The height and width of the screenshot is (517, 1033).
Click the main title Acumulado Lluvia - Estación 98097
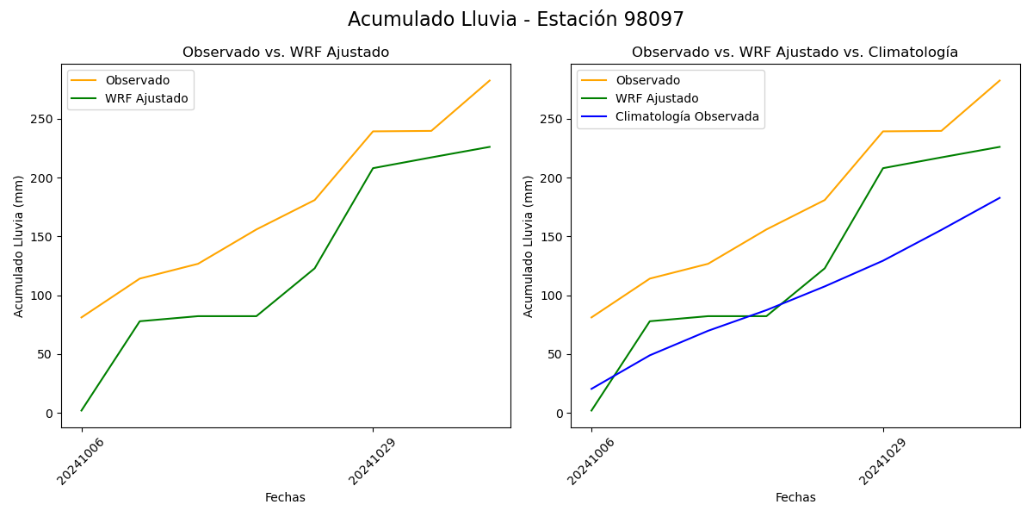point(516,20)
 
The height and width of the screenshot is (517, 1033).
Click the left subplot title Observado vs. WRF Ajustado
point(286,53)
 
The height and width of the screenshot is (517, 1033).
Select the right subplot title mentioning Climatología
point(795,53)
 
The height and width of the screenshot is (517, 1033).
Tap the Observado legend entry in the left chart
point(138,81)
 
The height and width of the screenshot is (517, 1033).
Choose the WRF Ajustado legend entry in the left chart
point(146,98)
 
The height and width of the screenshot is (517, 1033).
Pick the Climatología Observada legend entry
point(687,117)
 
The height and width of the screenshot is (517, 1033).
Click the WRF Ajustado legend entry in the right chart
point(657,98)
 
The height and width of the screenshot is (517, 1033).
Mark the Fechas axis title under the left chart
point(285,497)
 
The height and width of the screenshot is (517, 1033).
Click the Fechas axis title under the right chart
point(795,497)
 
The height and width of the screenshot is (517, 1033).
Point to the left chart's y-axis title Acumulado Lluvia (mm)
point(19,246)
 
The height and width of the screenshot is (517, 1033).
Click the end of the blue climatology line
point(999,198)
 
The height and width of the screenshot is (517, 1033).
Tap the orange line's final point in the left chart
point(490,81)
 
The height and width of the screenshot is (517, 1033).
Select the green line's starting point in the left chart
point(82,410)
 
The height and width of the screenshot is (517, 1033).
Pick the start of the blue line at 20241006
point(591,389)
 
